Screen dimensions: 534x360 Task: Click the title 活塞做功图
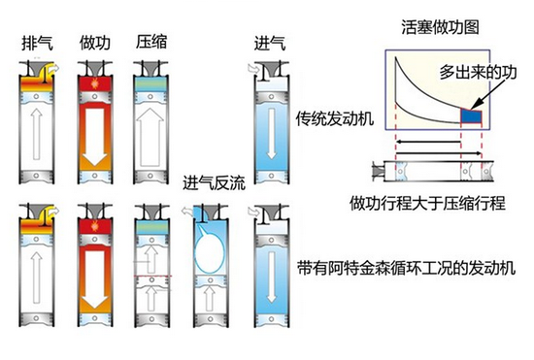(440, 27)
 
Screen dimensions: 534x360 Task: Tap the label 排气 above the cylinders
(37, 44)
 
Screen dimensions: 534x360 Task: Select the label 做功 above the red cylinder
(95, 44)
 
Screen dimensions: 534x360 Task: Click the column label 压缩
(151, 42)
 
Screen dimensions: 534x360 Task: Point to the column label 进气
(270, 44)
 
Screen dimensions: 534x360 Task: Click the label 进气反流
(214, 183)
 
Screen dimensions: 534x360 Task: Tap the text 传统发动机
(334, 118)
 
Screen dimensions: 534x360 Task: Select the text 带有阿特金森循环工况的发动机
(406, 268)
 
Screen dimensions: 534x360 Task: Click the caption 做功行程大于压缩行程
(427, 203)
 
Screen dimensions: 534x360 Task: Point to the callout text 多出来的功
(478, 72)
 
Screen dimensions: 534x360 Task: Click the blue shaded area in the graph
(471, 116)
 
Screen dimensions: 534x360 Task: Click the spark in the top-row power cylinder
(94, 83)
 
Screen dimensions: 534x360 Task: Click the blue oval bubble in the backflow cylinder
(209, 252)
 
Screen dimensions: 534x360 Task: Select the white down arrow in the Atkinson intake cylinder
(272, 277)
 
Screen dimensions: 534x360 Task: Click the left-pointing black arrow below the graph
(428, 142)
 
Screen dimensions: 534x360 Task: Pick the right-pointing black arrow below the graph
(439, 153)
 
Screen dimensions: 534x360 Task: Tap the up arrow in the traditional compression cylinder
(150, 137)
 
